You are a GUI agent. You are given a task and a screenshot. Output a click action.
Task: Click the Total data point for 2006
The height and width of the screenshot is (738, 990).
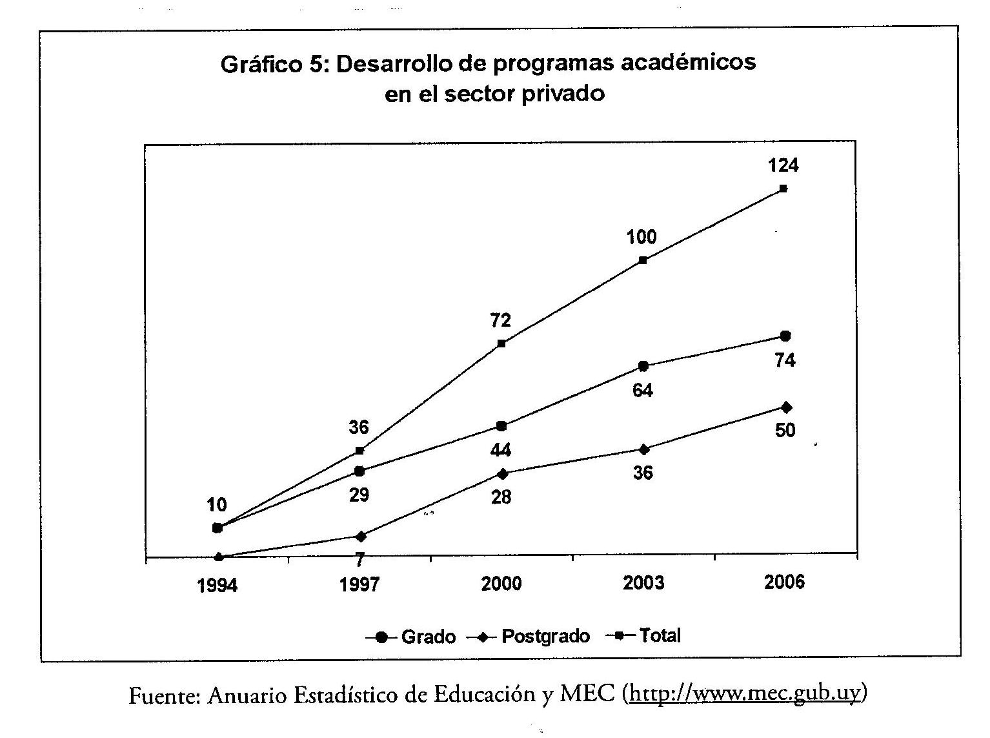783,189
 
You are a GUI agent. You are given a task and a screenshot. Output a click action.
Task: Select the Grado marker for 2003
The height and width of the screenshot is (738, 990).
643,366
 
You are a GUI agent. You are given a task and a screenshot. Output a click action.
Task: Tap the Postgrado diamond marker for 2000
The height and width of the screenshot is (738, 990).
501,474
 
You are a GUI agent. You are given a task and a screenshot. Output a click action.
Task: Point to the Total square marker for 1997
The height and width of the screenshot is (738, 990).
359,451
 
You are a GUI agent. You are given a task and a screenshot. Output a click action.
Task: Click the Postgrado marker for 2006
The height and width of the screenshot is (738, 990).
785,407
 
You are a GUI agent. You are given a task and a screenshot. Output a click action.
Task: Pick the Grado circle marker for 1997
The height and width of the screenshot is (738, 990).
359,471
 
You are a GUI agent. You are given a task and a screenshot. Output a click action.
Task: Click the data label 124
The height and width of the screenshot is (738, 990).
783,166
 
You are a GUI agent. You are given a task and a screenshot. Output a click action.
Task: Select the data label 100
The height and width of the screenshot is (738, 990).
641,238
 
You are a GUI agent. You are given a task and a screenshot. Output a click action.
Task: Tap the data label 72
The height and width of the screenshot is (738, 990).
501,320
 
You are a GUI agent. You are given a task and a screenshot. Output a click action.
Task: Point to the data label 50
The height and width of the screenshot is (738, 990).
785,430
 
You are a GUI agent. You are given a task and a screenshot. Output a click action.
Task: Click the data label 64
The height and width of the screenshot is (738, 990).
643,391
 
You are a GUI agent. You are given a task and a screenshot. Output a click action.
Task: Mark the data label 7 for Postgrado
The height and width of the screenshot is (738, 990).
359,559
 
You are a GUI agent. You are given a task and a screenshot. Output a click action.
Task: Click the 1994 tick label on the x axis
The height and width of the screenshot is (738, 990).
217,586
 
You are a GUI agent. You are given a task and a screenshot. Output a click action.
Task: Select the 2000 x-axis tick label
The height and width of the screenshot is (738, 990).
501,584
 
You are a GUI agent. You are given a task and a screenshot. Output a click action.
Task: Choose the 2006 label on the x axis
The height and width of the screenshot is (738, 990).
784,582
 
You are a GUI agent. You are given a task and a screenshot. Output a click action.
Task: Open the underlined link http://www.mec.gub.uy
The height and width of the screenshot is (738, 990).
745,694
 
